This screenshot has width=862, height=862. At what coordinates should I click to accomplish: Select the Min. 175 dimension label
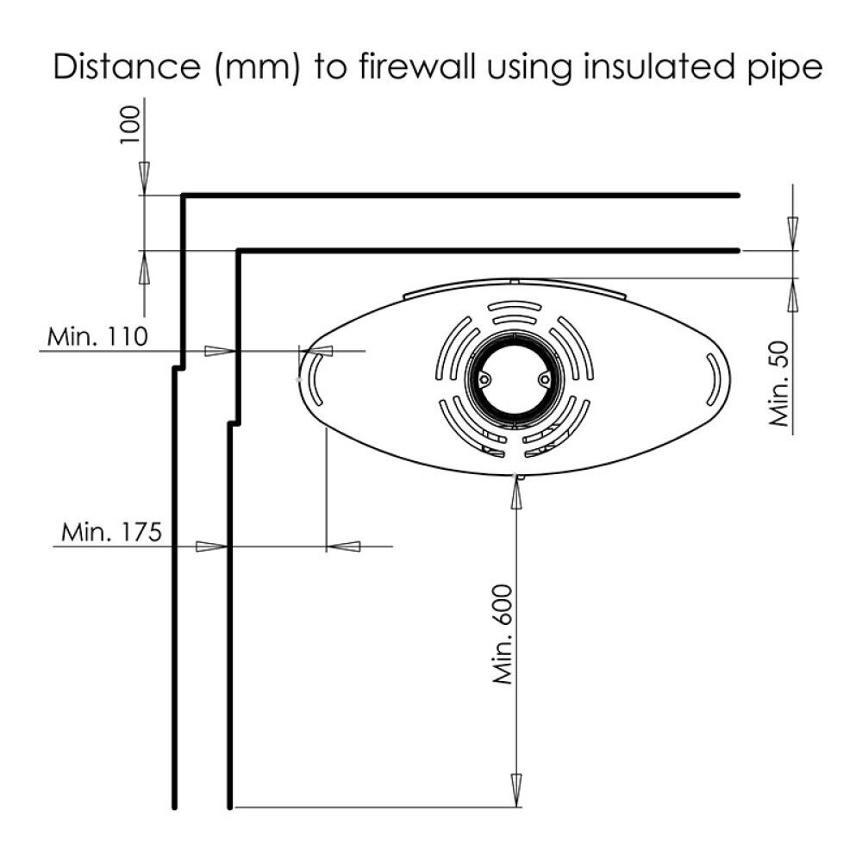click(111, 532)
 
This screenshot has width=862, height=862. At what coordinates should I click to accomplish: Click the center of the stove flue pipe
click(515, 379)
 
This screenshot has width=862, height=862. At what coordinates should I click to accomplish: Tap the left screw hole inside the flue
click(485, 378)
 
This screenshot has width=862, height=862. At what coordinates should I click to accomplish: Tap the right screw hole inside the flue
click(544, 378)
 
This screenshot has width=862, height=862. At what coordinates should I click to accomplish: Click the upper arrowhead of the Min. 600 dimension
click(516, 489)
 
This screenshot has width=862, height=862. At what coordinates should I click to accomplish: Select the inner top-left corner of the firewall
click(239, 252)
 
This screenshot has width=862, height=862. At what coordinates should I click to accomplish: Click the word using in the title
click(534, 68)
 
